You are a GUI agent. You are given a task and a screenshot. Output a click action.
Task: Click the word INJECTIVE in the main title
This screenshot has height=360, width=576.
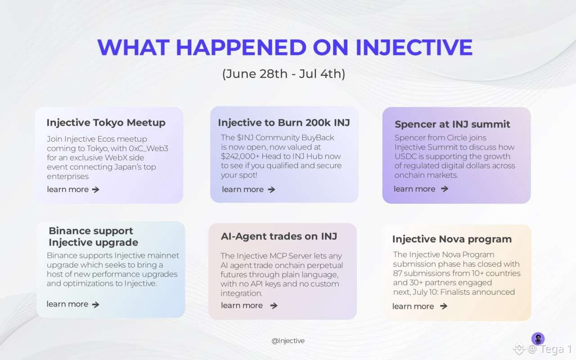(414, 47)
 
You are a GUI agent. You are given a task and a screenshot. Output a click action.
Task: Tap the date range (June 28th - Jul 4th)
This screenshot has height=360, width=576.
(283, 74)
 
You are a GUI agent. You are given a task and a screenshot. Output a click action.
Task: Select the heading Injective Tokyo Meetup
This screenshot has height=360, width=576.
(106, 123)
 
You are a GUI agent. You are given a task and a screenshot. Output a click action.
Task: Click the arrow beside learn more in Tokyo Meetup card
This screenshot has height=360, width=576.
(96, 190)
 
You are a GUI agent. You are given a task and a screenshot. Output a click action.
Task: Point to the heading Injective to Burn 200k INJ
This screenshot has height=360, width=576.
(284, 123)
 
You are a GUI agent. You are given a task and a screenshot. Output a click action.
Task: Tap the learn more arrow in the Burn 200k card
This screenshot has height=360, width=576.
(271, 190)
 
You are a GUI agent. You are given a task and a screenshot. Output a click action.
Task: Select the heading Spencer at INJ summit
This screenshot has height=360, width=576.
(452, 124)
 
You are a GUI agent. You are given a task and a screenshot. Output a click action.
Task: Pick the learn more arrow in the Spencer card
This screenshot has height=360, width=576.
(445, 189)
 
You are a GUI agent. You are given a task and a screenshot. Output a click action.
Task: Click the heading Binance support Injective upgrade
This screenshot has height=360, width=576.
(93, 237)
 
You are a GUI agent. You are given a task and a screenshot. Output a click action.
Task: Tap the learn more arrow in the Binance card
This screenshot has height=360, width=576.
(96, 305)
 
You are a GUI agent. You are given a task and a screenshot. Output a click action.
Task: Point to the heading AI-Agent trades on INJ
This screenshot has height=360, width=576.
(279, 236)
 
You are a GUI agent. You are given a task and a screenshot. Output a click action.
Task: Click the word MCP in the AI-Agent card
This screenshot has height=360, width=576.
(278, 256)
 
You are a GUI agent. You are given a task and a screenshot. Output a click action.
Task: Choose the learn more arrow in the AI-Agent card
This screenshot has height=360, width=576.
(274, 306)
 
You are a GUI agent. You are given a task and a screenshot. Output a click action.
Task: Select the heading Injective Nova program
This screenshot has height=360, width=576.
(452, 239)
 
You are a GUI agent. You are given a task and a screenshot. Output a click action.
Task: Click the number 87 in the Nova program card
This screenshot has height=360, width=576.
(397, 273)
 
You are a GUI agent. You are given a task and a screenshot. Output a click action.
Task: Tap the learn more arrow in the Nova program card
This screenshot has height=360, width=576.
(444, 306)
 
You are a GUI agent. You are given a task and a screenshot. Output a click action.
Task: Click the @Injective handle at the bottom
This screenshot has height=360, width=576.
(288, 341)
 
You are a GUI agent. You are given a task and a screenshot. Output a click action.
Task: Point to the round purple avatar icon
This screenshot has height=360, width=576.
(538, 338)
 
